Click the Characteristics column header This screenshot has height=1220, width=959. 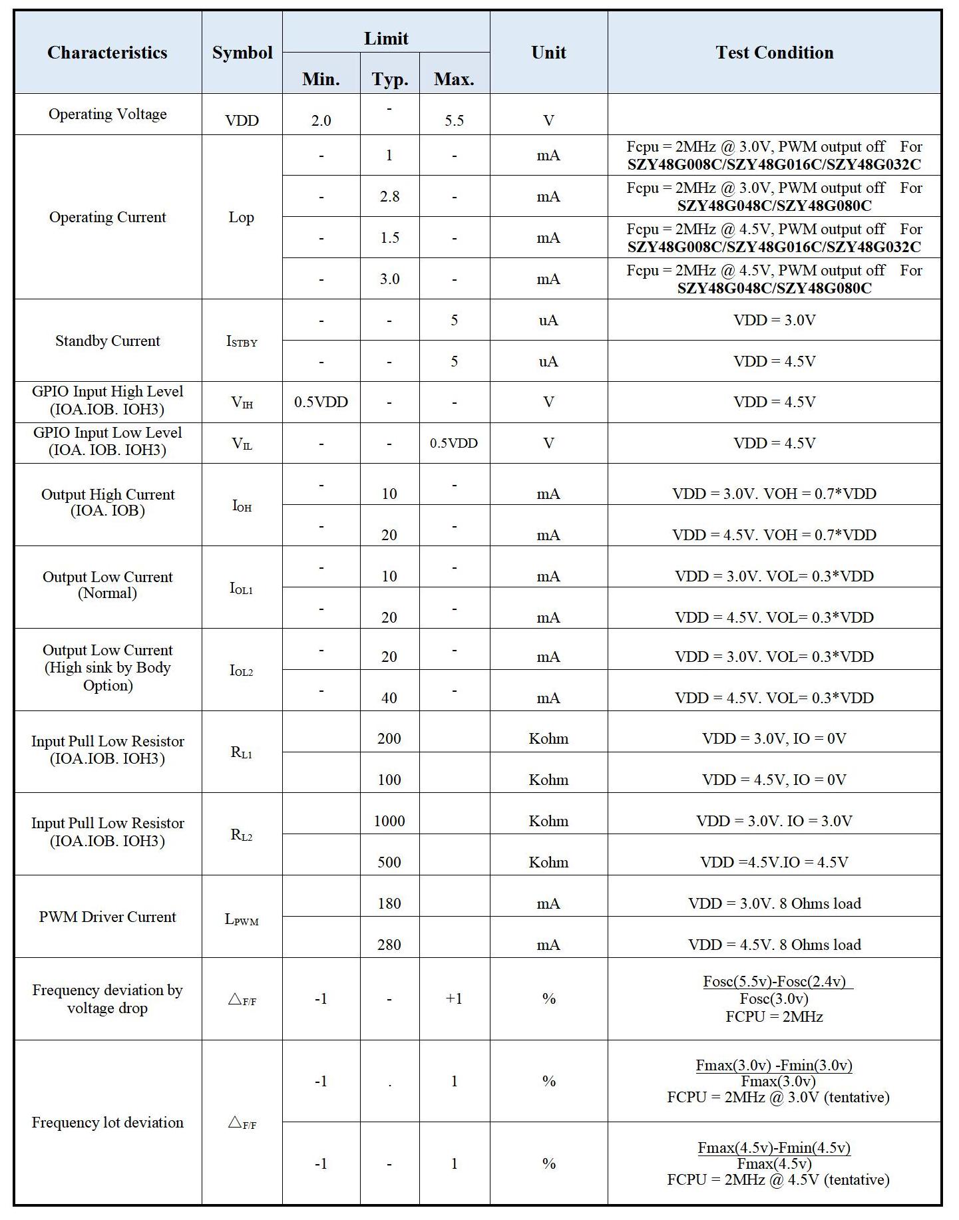click(x=107, y=53)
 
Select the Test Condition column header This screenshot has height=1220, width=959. click(x=774, y=53)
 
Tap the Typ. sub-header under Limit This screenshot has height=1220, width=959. click(x=389, y=79)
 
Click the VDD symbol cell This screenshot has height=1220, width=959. click(x=242, y=120)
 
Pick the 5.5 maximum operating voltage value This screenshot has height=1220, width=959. click(x=454, y=120)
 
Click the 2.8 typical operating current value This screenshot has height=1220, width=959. click(x=389, y=196)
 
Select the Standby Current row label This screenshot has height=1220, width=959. click(x=108, y=341)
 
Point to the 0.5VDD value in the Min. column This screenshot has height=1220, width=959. click(x=321, y=402)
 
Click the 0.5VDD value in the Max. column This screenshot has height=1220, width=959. click(x=454, y=443)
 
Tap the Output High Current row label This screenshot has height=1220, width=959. click(x=108, y=502)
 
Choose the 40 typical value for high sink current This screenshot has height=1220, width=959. click(x=389, y=698)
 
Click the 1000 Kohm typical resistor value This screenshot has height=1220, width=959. click(x=389, y=821)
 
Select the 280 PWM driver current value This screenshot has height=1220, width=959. click(x=389, y=945)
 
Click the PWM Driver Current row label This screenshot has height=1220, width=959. click(x=108, y=917)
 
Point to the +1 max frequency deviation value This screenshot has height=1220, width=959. click(x=454, y=998)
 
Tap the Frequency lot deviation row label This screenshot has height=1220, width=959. click(x=108, y=1122)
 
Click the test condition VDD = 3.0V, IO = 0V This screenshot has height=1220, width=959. click(x=774, y=738)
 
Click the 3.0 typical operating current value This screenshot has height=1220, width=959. click(x=389, y=279)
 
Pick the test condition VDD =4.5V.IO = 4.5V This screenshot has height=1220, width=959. click(x=774, y=862)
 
